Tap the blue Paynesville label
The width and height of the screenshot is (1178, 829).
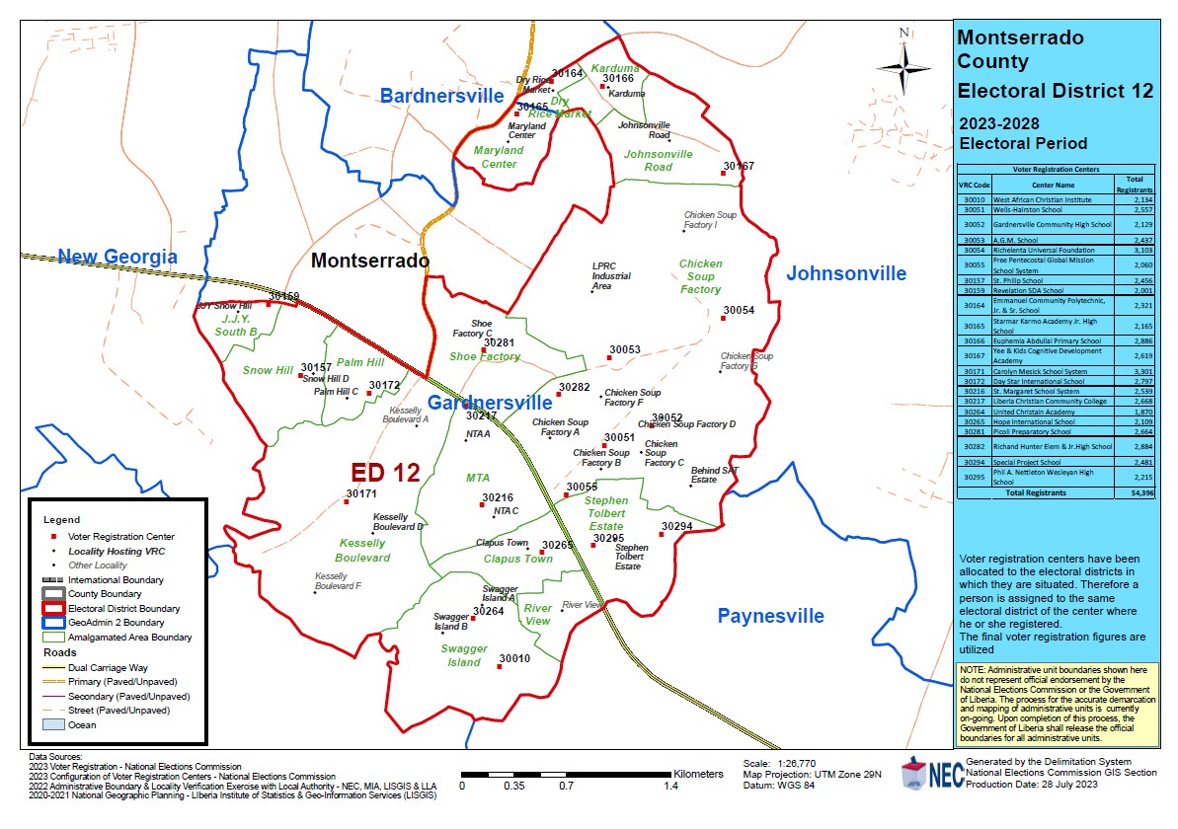coord(770,616)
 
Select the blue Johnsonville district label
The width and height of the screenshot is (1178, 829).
coord(845,273)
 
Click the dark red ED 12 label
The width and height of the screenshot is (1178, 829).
coord(386,473)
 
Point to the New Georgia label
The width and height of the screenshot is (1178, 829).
coord(118,258)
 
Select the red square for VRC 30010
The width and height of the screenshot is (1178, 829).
coord(500,666)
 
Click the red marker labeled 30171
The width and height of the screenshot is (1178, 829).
coord(346,501)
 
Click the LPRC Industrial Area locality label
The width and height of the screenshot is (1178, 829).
coord(612,276)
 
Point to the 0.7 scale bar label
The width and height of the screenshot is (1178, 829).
coord(566,787)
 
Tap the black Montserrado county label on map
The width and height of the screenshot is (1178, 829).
coord(370,262)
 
